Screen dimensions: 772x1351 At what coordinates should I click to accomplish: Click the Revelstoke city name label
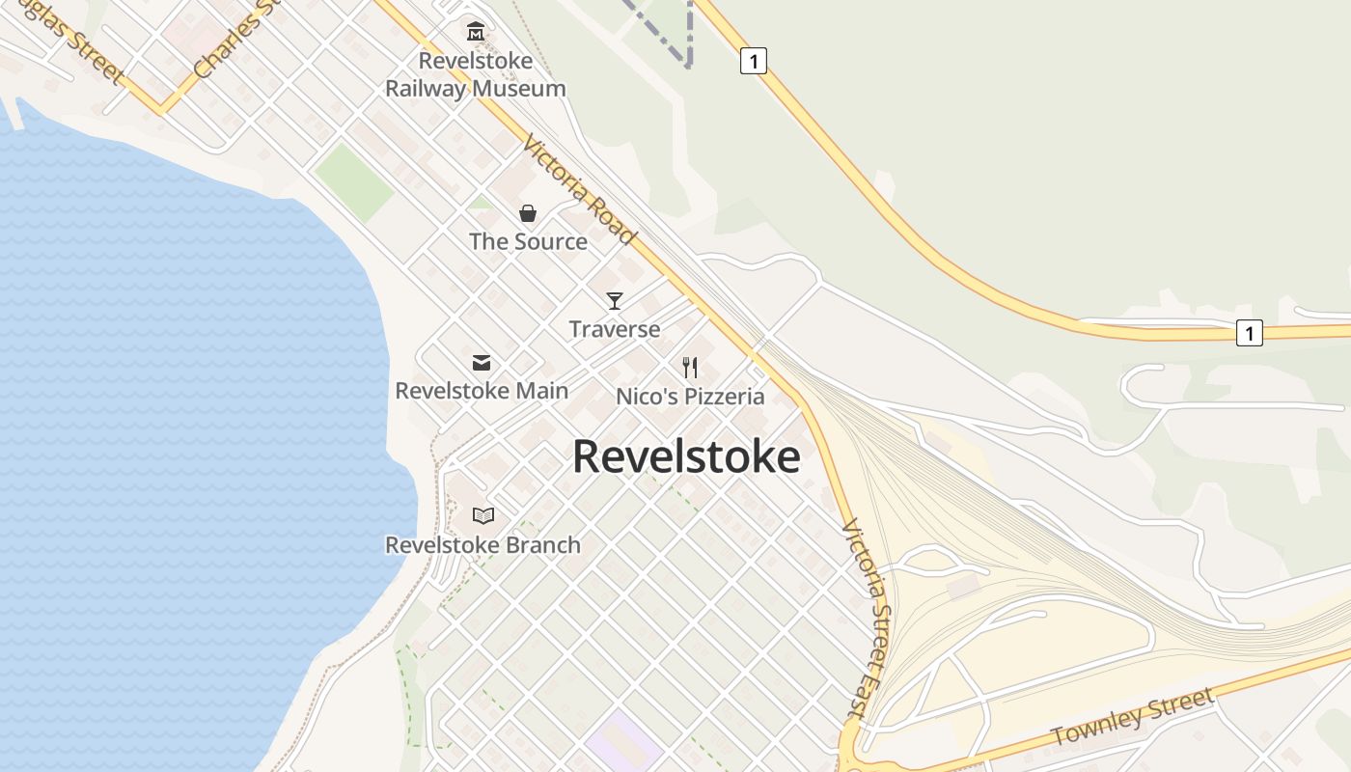tap(686, 456)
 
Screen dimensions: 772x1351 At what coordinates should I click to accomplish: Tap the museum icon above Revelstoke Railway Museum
tap(475, 32)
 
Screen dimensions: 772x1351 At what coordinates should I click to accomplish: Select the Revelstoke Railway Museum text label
tap(475, 74)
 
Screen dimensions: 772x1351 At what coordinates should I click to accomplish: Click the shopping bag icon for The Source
tap(528, 213)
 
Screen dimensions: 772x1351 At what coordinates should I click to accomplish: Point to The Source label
tap(528, 241)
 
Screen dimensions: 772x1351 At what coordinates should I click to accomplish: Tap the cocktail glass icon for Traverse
tap(615, 300)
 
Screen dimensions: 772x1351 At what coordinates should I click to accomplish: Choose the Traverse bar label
tap(615, 329)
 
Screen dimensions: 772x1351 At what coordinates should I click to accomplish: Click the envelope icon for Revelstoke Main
tap(481, 363)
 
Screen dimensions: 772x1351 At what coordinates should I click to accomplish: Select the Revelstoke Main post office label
tap(482, 391)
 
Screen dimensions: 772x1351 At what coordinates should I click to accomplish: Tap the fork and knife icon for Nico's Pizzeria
tap(690, 368)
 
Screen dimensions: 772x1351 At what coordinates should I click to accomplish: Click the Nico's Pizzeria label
tap(690, 397)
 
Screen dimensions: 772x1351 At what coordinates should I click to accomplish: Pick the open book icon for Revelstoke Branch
tap(483, 516)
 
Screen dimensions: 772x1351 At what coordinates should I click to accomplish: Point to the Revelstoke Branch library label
tap(483, 545)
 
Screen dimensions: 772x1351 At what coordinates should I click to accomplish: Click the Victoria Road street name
tap(580, 190)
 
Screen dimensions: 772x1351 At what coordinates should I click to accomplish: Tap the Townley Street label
tap(1132, 716)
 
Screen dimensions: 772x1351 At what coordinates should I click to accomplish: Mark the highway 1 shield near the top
tap(754, 61)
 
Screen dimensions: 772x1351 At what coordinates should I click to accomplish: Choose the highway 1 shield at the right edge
tap(1249, 333)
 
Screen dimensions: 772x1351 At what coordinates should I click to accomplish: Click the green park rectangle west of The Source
tap(353, 181)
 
